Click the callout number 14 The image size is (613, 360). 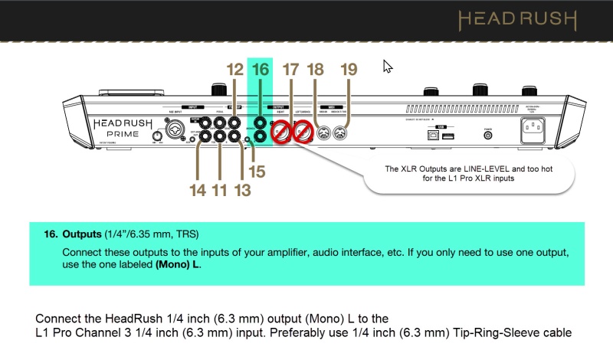coord(198,190)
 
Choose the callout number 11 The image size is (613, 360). coord(220,190)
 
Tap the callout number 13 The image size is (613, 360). coord(242,190)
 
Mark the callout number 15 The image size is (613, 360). coord(257,172)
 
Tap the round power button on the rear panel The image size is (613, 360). coord(488,136)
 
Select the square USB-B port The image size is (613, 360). coord(432,135)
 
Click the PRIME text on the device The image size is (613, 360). coord(116,133)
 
